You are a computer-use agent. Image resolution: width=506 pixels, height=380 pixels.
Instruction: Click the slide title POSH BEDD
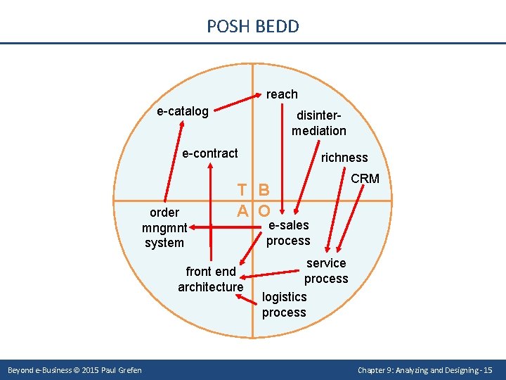click(x=253, y=27)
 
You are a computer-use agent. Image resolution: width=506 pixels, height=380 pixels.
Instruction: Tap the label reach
click(x=282, y=94)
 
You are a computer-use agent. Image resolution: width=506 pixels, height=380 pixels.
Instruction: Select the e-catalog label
click(x=183, y=111)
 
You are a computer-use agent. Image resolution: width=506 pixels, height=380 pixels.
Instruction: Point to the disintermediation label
click(x=319, y=122)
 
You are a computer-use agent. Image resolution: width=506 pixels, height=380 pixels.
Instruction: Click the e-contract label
click(x=210, y=153)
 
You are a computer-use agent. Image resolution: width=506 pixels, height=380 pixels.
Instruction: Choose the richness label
click(x=344, y=158)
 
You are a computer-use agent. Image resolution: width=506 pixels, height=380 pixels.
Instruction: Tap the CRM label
click(x=365, y=179)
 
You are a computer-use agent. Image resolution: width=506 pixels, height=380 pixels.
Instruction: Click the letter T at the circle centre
click(x=242, y=190)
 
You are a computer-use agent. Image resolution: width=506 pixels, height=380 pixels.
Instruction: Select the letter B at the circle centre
click(x=264, y=190)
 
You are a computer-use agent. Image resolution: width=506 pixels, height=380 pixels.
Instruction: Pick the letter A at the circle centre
click(x=242, y=210)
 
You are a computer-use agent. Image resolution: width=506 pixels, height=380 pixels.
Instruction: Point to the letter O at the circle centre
click(x=264, y=210)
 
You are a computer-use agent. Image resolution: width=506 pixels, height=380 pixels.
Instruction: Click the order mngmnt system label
click(x=164, y=227)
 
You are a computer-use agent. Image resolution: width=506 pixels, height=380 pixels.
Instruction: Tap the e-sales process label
click(x=288, y=233)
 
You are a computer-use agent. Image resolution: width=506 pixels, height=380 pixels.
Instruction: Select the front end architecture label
click(x=210, y=279)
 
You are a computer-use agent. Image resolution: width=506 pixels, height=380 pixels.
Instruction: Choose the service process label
click(x=326, y=271)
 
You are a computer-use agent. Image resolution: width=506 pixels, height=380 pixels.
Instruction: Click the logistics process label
click(x=284, y=305)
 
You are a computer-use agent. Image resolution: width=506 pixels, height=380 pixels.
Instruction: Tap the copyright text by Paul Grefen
click(x=74, y=370)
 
